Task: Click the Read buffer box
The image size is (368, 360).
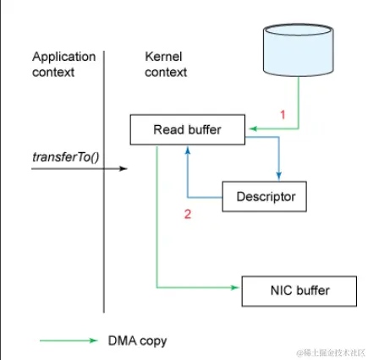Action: coord(188,129)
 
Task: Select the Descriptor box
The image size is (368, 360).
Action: coord(265,196)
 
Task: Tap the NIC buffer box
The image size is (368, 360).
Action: coord(299,291)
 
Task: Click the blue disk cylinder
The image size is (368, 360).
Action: coord(299,50)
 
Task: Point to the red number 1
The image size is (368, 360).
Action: coord(283,115)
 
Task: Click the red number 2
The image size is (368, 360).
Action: coord(188,214)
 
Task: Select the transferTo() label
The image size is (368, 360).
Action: coord(66,157)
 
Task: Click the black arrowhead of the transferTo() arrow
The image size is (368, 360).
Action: coord(124,168)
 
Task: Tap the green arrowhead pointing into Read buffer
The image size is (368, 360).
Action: coord(253,128)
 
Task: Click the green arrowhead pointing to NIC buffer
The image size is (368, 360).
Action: coord(235,287)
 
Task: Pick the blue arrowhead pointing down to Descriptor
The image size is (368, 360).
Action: coord(278,176)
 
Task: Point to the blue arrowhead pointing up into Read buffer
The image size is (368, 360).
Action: coord(188,150)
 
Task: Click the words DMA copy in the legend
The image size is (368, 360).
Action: coord(137,341)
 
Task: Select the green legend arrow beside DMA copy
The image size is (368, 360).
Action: coord(69,341)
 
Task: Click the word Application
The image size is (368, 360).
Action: coord(64,57)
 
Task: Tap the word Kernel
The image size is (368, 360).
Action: coord(163,57)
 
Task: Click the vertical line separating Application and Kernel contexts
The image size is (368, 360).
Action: coord(104,182)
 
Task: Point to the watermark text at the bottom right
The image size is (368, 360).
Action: coord(331,352)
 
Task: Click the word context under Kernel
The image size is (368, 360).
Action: coord(166,73)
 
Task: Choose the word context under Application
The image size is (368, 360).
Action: coord(53,73)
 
